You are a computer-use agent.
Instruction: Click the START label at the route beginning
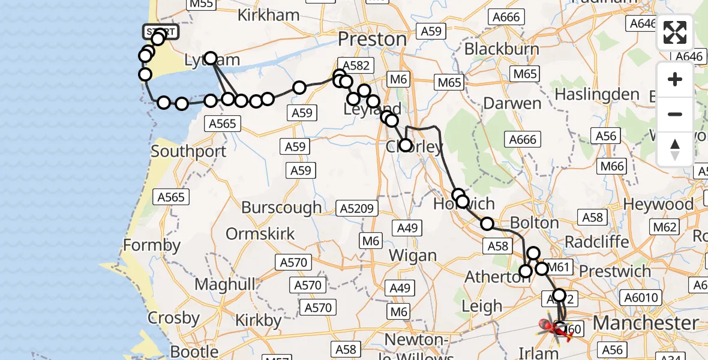tap(160, 31)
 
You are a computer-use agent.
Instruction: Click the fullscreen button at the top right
tap(675, 32)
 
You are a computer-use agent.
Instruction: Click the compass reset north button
tap(675, 149)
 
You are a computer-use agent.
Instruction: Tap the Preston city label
tap(372, 39)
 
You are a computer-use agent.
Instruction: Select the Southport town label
tap(188, 151)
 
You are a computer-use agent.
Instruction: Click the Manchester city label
tap(646, 323)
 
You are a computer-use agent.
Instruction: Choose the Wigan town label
tap(412, 256)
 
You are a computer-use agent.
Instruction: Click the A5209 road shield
tap(358, 209)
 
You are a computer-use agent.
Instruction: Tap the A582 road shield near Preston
tap(356, 65)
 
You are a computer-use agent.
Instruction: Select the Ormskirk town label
tap(260, 233)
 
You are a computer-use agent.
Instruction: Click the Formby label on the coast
tap(151, 245)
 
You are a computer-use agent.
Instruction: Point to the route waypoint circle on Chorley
tap(406, 145)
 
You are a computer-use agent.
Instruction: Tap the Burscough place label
tap(281, 208)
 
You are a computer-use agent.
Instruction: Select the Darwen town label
tap(512, 103)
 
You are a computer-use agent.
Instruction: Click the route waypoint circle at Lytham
tap(211, 58)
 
